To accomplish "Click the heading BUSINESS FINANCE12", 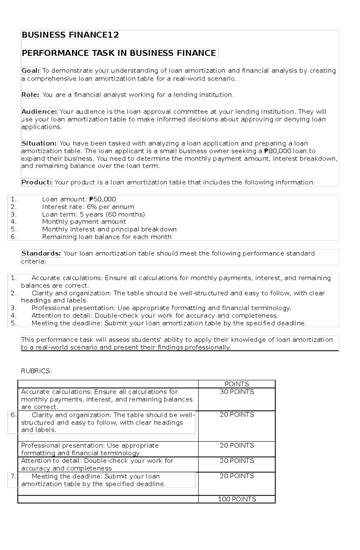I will tap(70, 35).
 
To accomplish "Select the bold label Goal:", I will tap(30, 71).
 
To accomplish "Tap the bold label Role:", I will tap(30, 95).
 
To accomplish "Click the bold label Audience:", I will tap(39, 112).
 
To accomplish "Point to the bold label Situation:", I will tap(39, 144).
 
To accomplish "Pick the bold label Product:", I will tap(37, 183).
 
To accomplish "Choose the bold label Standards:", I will tap(41, 254).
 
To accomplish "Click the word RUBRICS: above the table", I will tap(36, 371).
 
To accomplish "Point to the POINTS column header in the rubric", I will tap(237, 384).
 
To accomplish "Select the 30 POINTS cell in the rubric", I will tap(237, 392).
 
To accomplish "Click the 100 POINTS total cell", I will tap(237, 499).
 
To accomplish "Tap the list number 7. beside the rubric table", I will tap(13, 476).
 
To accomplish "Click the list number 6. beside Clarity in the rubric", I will tap(13, 415).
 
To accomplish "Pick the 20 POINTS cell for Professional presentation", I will tap(237, 446).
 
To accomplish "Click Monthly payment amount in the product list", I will tap(84, 222).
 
